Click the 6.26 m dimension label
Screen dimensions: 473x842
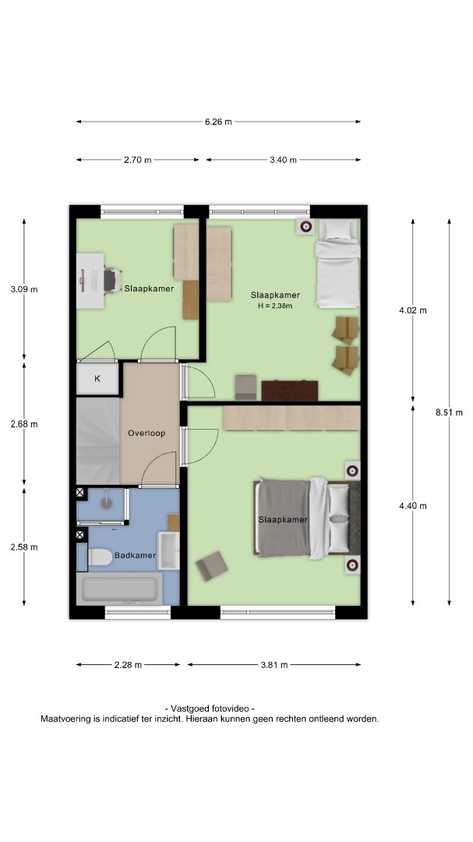point(218,122)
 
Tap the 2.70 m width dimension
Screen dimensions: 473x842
point(137,160)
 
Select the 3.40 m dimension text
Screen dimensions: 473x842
point(283,160)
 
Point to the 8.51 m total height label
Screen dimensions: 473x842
point(449,412)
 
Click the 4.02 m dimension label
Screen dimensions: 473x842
point(413,310)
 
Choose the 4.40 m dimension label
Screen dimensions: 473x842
point(413,505)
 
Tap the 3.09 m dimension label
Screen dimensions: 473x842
point(24,289)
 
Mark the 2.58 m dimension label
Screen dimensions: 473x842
point(24,547)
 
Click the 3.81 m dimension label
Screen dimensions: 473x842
point(274,665)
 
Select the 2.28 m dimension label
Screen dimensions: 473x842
point(128,665)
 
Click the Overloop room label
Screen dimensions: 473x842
point(146,433)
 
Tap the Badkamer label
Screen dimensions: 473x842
point(135,555)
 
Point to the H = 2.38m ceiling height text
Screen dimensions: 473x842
point(275,306)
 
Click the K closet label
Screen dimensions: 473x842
point(97,379)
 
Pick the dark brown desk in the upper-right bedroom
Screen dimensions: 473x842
point(290,391)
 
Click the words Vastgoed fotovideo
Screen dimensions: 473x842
point(210,709)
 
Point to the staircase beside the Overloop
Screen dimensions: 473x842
point(98,440)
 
